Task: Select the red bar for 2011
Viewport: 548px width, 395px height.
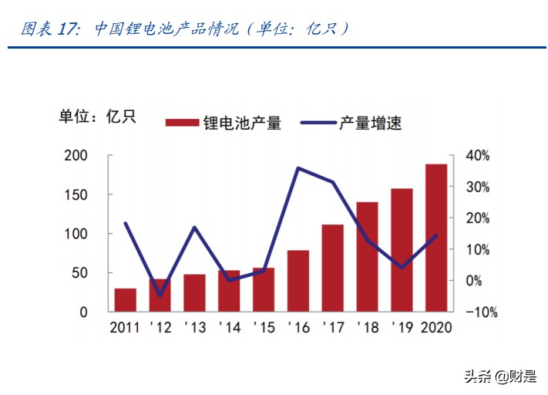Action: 126,300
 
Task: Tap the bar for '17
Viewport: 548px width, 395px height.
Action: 332,268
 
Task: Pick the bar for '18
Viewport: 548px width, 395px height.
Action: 367,257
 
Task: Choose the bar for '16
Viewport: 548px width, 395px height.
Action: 298,281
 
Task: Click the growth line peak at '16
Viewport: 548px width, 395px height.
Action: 298,168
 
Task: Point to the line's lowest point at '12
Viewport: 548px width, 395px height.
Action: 160,295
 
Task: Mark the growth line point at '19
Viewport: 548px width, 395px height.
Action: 402,268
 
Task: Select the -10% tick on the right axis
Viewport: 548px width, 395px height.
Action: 479,312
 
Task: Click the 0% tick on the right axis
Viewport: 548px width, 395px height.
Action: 474,281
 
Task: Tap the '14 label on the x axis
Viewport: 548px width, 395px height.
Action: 229,327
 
